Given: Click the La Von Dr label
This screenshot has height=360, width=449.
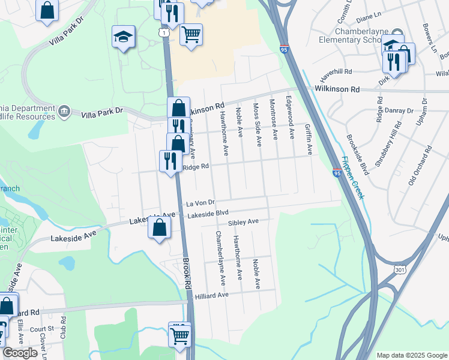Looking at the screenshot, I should [x=200, y=203].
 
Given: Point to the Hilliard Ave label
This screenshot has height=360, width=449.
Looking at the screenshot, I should [x=212, y=295].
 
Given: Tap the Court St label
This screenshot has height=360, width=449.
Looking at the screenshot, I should [x=41, y=329].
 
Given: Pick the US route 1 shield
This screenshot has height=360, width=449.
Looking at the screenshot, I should [x=164, y=34].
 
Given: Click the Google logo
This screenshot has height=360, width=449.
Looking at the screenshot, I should [x=20, y=353].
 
